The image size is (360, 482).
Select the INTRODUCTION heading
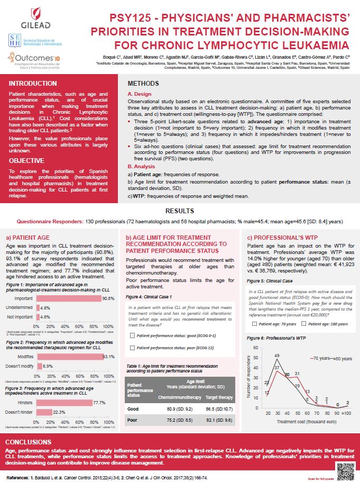[x=33, y=83]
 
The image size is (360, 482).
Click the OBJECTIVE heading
[x=27, y=160]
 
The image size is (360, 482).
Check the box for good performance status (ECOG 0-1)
[x=133, y=335]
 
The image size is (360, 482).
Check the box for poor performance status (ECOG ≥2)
[x=133, y=347]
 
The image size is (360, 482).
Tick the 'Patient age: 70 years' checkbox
[x=255, y=323]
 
